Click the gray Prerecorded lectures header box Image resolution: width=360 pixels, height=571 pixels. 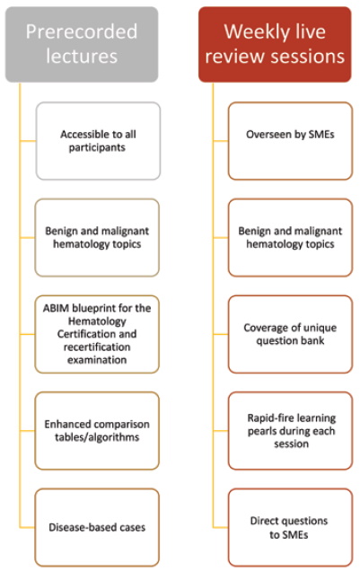[x=82, y=44]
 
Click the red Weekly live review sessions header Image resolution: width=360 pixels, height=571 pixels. [x=277, y=44]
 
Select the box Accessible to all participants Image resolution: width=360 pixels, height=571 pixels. [x=98, y=140]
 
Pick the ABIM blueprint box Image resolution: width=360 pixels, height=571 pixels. [x=98, y=334]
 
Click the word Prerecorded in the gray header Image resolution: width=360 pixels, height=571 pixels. [x=82, y=31]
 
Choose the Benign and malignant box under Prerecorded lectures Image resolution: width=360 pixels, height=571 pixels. [x=98, y=237]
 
